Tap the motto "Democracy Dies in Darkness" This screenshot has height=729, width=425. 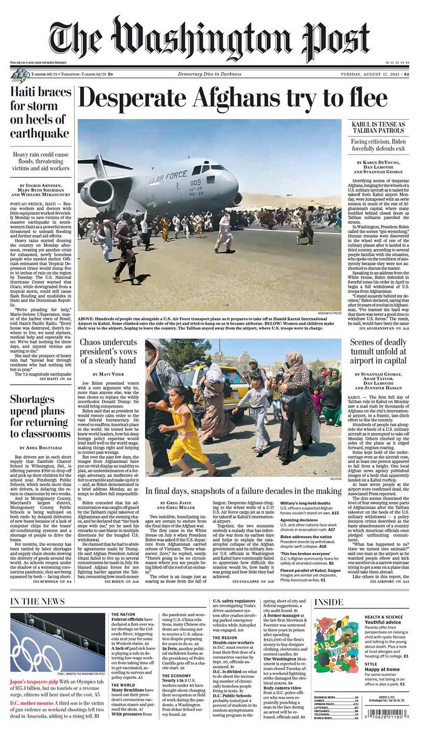209,74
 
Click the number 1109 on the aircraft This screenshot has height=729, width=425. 196,182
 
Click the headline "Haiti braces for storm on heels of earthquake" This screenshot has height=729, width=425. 40,113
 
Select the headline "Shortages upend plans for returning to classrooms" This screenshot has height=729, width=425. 40,416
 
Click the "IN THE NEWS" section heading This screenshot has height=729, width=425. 38,601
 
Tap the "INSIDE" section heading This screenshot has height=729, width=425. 329,602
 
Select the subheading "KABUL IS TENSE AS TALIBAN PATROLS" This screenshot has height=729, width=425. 378,128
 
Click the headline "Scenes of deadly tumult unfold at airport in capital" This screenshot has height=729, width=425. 378,351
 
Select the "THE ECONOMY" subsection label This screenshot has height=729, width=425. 176,676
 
